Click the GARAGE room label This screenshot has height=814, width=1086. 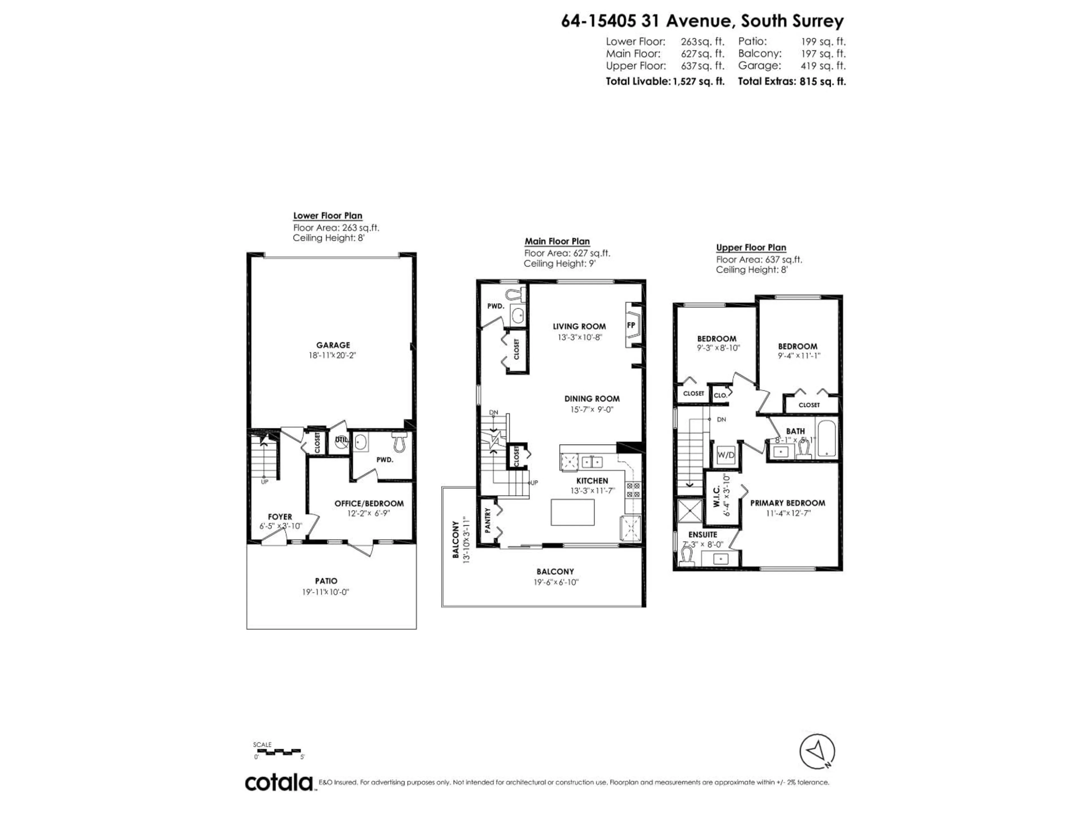pos(333,345)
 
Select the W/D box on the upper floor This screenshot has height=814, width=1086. pos(726,455)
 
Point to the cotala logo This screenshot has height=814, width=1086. pos(279,783)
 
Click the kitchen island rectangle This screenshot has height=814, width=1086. pos(572,512)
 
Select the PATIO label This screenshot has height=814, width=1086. pos(326,581)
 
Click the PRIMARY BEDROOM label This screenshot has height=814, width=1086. pos(788,503)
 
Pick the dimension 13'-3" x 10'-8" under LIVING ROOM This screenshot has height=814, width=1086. pos(579,337)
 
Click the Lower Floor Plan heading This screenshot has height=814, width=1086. pos(327,215)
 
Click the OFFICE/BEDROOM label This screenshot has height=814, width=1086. pos(369,503)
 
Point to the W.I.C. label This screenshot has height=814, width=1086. pos(716,497)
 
